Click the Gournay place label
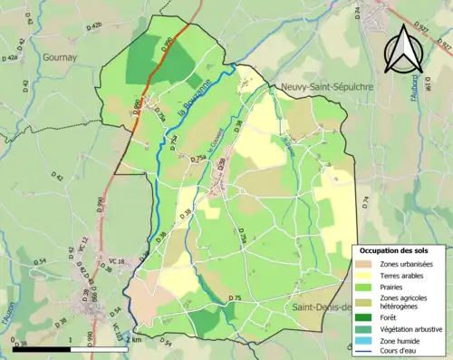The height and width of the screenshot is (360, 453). coord(58,55)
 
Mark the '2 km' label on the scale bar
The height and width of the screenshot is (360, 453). coord(134,339)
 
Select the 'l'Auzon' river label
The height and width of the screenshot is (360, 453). coord(6,318)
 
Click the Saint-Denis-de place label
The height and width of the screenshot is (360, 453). coord(322,307)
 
